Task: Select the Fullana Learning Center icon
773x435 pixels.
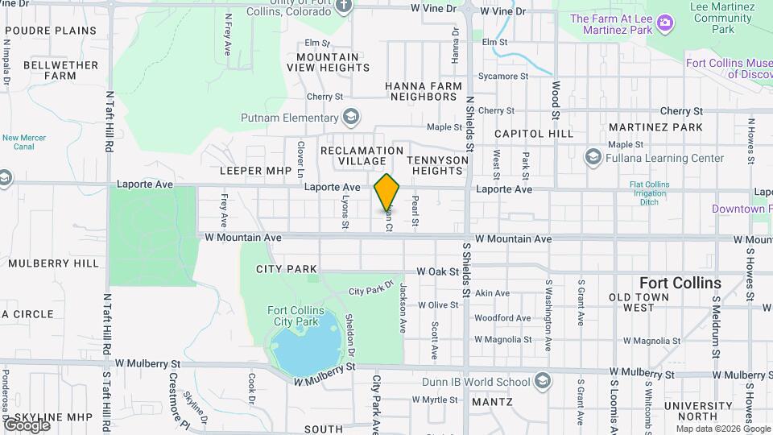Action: click(x=593, y=156)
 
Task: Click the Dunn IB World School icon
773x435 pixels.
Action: click(x=544, y=379)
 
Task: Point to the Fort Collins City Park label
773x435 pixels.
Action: click(x=296, y=316)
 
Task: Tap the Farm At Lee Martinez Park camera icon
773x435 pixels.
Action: click(x=665, y=22)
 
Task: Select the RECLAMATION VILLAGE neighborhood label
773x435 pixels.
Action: click(x=362, y=156)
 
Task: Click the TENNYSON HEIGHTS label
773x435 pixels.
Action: click(x=437, y=165)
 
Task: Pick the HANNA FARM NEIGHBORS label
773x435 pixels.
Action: click(x=424, y=91)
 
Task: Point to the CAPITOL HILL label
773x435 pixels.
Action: click(x=534, y=133)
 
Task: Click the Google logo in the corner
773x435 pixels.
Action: click(x=26, y=425)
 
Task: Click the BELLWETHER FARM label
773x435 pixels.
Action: click(x=50, y=70)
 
